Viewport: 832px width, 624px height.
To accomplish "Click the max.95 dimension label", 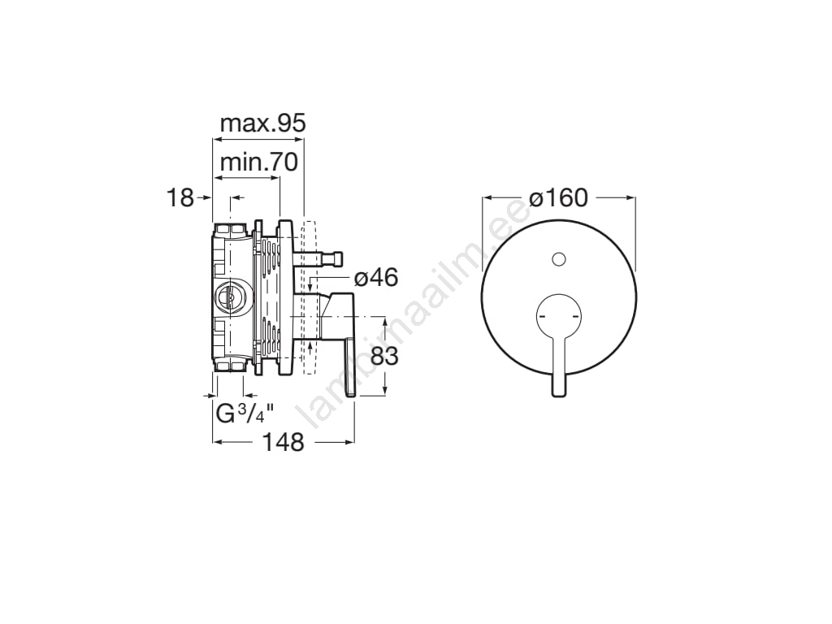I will [x=262, y=123].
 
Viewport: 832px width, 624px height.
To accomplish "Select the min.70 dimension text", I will [x=259, y=162].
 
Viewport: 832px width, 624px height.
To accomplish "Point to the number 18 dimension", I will [x=180, y=197].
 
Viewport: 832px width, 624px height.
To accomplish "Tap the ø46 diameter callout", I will [x=376, y=277].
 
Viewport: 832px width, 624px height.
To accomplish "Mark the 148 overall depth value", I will [x=284, y=442].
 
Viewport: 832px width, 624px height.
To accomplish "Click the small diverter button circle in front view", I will [x=557, y=259].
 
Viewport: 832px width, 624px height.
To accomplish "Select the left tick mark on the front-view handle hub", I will [x=541, y=314].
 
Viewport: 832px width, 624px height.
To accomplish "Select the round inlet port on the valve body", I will [x=231, y=297].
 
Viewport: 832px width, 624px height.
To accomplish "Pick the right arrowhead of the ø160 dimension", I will [x=630, y=197].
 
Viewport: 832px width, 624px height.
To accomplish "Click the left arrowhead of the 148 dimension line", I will [x=216, y=442].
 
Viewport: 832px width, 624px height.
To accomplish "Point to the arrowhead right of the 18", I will [x=236, y=197].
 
